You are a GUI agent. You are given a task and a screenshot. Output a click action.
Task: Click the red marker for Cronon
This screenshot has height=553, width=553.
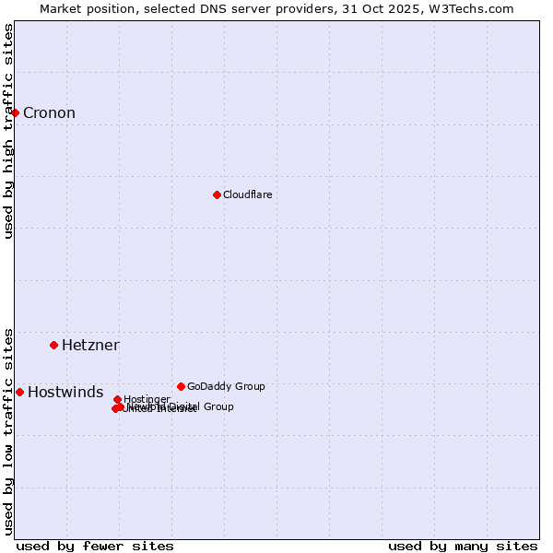tap(16, 112)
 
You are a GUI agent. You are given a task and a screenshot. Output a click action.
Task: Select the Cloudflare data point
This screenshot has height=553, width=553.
tap(217, 194)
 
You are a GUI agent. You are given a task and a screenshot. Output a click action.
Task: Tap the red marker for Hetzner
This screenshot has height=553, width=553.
tap(53, 345)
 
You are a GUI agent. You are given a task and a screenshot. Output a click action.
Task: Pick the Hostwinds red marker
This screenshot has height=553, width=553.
tap(19, 392)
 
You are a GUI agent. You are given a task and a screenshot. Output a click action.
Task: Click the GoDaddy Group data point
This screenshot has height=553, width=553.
tap(181, 386)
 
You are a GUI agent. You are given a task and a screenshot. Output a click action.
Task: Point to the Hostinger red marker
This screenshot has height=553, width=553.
tap(117, 399)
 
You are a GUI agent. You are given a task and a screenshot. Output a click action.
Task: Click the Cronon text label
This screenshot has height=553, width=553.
tap(49, 113)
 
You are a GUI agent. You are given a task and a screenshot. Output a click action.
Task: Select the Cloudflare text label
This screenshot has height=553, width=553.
tap(247, 194)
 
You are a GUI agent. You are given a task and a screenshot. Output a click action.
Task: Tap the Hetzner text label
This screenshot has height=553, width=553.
tap(90, 346)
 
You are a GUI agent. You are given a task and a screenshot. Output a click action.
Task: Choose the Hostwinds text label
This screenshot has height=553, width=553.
tap(65, 393)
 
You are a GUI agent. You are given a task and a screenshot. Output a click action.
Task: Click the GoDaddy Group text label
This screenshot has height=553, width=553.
tap(226, 386)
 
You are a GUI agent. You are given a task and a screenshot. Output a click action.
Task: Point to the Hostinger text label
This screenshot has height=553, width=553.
tap(147, 399)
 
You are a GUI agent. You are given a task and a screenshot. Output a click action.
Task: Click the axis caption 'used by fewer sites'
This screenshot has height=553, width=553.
tap(95, 546)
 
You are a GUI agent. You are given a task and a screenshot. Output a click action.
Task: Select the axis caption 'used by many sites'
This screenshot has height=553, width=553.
tap(463, 546)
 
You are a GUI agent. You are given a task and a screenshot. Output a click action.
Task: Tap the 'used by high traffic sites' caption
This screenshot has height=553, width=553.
tap(8, 131)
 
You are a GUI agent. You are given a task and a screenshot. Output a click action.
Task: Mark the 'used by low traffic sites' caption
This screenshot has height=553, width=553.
tap(8, 431)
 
